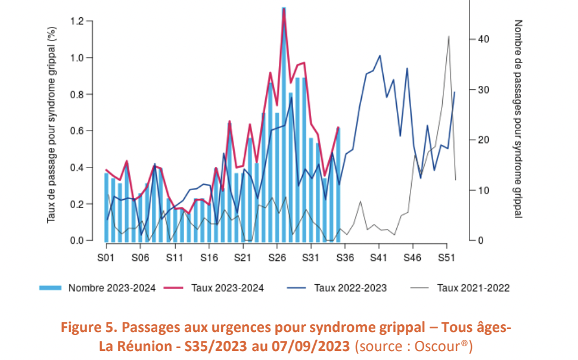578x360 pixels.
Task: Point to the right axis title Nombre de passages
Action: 517,119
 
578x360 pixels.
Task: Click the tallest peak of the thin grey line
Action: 448,36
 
